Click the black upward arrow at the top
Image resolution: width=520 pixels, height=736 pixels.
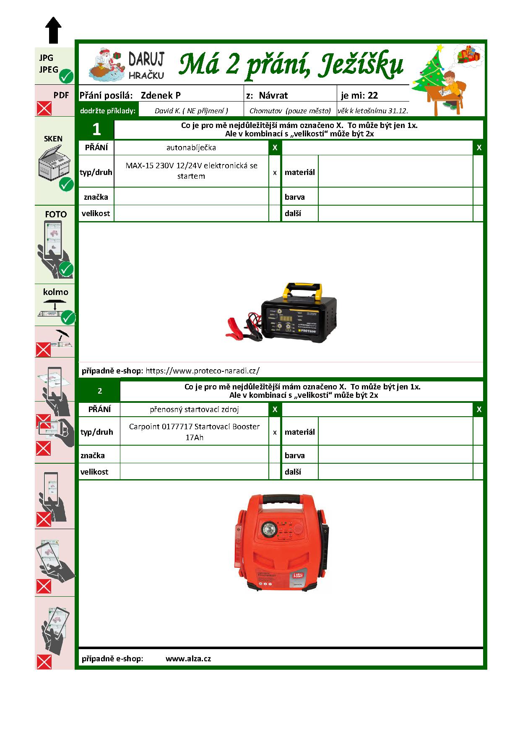[53, 30]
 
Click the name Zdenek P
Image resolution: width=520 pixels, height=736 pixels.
[161, 95]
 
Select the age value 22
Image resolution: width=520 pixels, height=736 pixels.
[372, 95]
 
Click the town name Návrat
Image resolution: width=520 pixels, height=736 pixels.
[273, 95]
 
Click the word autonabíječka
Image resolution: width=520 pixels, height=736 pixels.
[191, 148]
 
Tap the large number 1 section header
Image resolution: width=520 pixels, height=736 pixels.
[96, 129]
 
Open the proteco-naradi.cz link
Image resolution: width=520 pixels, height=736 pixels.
[202, 371]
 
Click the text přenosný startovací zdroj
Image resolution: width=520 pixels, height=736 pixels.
[194, 409]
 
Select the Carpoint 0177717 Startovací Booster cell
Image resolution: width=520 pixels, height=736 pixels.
[194, 431]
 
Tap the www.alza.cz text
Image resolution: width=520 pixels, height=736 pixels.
[188, 658]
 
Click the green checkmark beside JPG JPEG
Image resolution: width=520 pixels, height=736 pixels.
[66, 76]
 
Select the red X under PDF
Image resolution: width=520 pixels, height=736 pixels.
[44, 108]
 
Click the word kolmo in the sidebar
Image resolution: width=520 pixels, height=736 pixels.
[55, 292]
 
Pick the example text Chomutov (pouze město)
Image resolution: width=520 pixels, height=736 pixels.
[290, 111]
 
